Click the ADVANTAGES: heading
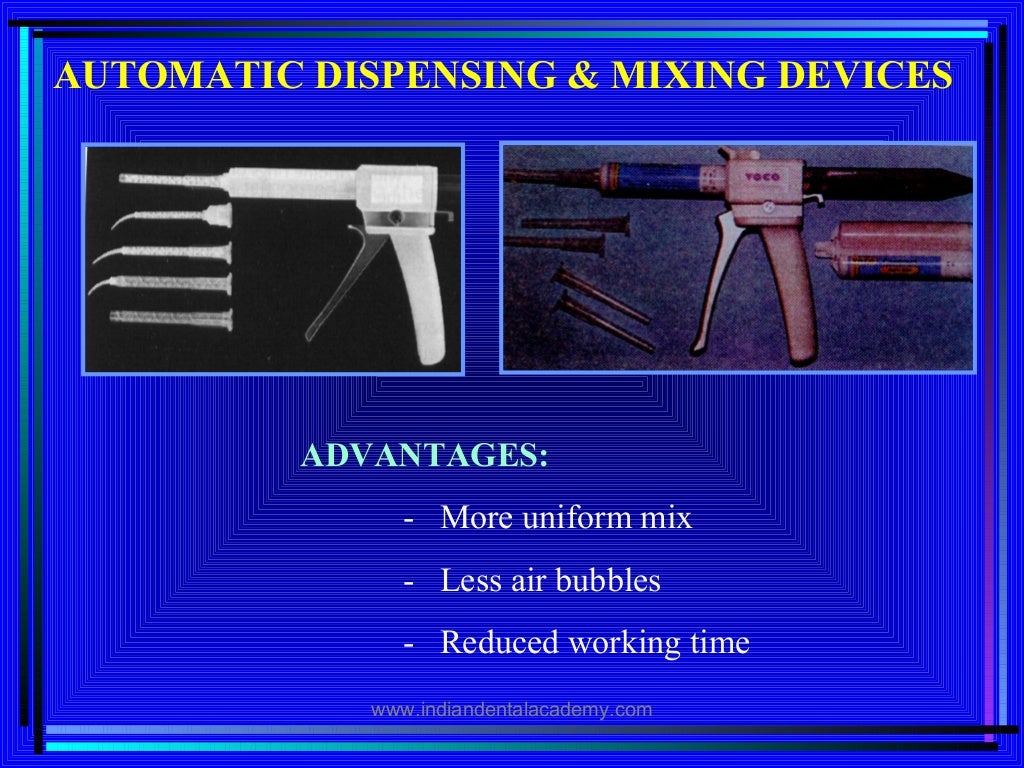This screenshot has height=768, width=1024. pos(425,456)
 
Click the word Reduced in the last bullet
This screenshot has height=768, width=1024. pos(500,643)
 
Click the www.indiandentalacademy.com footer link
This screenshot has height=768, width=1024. pos(511,710)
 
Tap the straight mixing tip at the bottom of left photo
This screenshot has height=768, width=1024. pos(170,318)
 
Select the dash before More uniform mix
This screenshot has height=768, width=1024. pos(409,520)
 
